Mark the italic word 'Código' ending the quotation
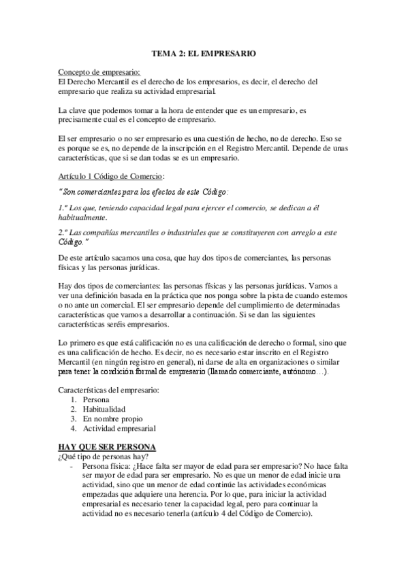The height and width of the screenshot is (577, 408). pyautogui.click(x=70, y=242)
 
